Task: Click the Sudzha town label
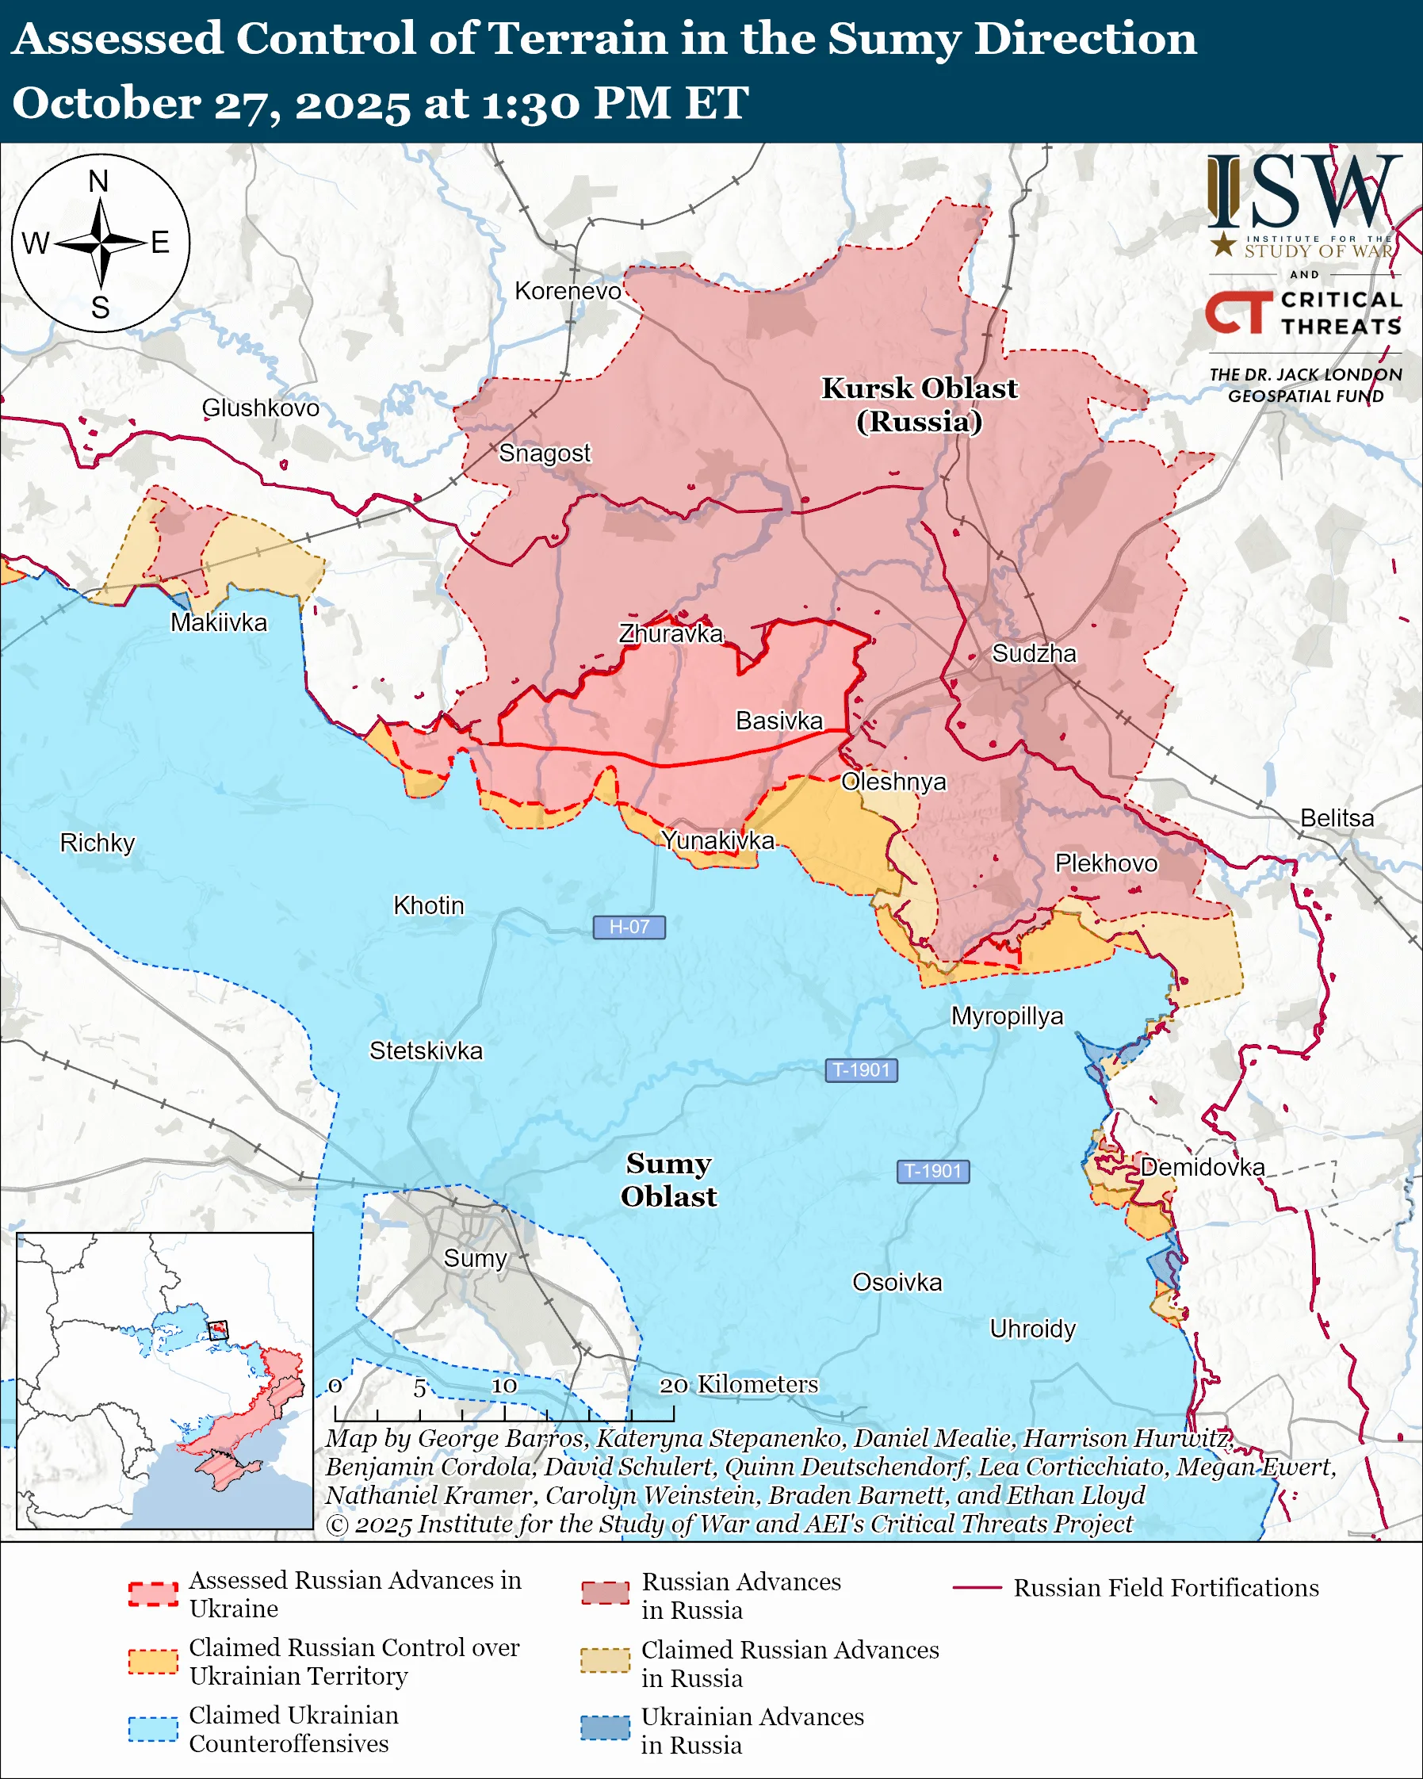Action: pyautogui.click(x=1034, y=653)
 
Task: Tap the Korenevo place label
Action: pyautogui.click(x=568, y=290)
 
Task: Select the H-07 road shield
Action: pyautogui.click(x=629, y=927)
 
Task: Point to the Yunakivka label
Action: pyautogui.click(x=717, y=840)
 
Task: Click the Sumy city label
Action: pyautogui.click(x=474, y=1258)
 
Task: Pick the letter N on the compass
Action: pyautogui.click(x=98, y=182)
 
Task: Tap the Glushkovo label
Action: pyautogui.click(x=260, y=407)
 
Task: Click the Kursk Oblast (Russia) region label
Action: pyautogui.click(x=919, y=404)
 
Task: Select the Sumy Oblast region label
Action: pyautogui.click(x=668, y=1180)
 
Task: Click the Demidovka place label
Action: pyautogui.click(x=1202, y=1167)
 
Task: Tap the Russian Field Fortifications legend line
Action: pyautogui.click(x=977, y=1588)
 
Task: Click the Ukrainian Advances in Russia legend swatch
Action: pyautogui.click(x=605, y=1727)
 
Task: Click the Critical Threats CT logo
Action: pyautogui.click(x=1239, y=312)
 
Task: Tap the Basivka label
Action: pyautogui.click(x=778, y=721)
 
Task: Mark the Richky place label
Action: pyautogui.click(x=97, y=843)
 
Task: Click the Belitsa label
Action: pyautogui.click(x=1337, y=817)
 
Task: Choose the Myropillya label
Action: pyautogui.click(x=1007, y=1016)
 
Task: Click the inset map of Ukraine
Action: pyautogui.click(x=164, y=1379)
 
